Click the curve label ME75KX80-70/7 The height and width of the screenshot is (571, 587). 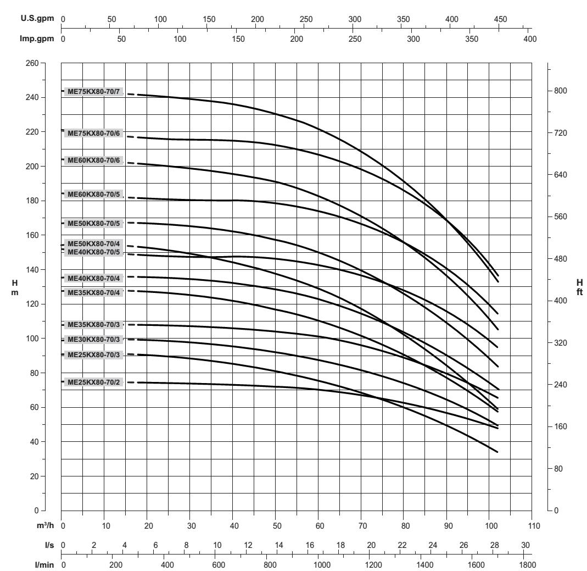click(x=93, y=91)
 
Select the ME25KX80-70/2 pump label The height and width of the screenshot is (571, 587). click(x=93, y=382)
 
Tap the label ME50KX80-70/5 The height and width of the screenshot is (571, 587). click(x=93, y=223)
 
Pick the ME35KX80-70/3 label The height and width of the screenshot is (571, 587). click(x=93, y=325)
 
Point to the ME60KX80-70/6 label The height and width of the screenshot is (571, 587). click(x=93, y=160)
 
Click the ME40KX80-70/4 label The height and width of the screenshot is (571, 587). click(x=93, y=278)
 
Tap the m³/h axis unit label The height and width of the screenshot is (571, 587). click(x=48, y=526)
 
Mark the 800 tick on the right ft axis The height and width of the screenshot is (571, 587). click(x=561, y=91)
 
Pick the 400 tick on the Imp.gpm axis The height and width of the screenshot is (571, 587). click(x=530, y=39)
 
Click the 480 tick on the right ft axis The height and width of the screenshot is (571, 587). click(x=561, y=259)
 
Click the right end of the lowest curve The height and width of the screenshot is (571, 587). click(x=497, y=452)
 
